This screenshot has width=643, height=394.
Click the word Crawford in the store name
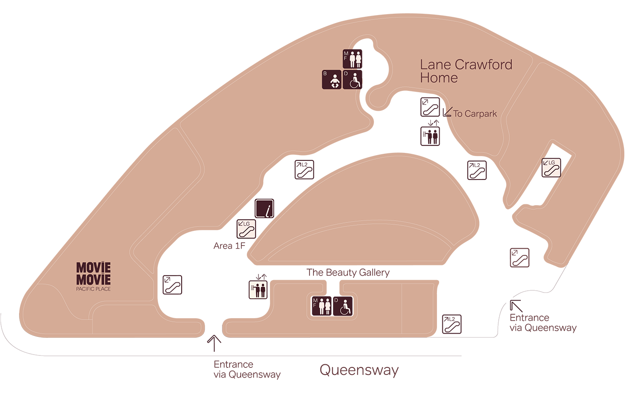[484, 65]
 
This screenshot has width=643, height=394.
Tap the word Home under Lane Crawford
[439, 78]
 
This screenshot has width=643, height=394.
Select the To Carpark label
[475, 114]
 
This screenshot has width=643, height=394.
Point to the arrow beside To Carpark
[448, 111]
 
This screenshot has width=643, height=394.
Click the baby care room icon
[332, 80]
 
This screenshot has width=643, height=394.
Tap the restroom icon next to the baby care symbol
[353, 59]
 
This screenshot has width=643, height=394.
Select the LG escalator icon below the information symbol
[246, 229]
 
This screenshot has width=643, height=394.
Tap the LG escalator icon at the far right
[551, 168]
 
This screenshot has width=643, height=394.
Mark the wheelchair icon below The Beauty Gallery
[343, 306]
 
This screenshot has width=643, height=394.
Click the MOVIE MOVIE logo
[93, 273]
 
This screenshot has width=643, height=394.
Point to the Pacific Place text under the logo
[93, 289]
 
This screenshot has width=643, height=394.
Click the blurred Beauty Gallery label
[349, 273]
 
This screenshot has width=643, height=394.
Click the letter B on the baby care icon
[325, 74]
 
